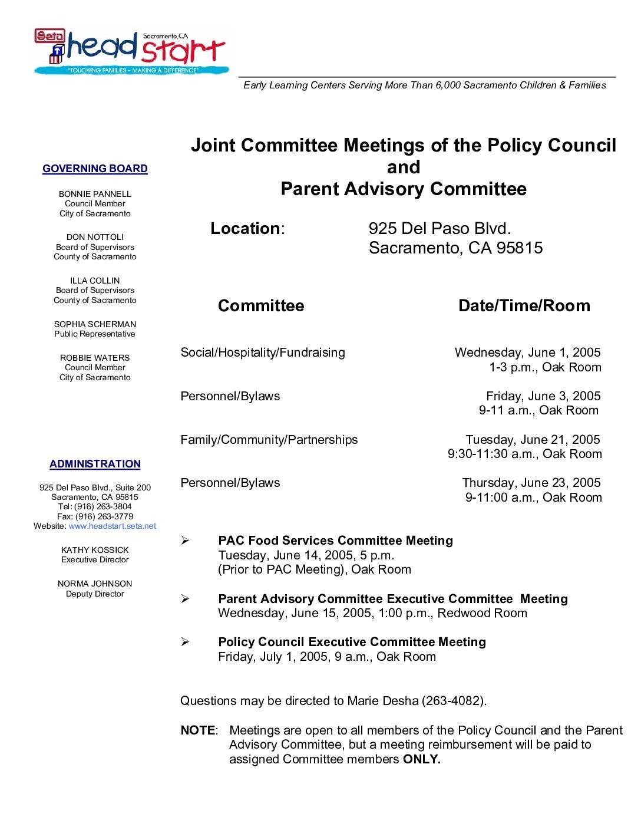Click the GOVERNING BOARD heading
pyautogui.click(x=95, y=169)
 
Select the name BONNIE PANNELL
pyautogui.click(x=95, y=194)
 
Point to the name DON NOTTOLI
pyautogui.click(x=95, y=237)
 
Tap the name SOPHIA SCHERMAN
pyautogui.click(x=95, y=324)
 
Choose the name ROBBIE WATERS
pyautogui.click(x=95, y=358)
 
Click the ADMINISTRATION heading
pyautogui.click(x=95, y=464)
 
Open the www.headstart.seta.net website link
pyautogui.click(x=113, y=526)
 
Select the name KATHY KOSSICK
pyautogui.click(x=95, y=550)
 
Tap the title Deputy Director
pyautogui.click(x=95, y=594)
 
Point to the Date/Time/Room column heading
pyautogui.click(x=524, y=305)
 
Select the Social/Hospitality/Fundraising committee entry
pyautogui.click(x=263, y=353)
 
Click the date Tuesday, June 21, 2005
pyautogui.click(x=533, y=440)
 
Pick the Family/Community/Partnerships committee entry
pyautogui.click(x=269, y=440)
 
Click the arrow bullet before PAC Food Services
pyautogui.click(x=185, y=541)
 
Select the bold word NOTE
pyautogui.click(x=198, y=730)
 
